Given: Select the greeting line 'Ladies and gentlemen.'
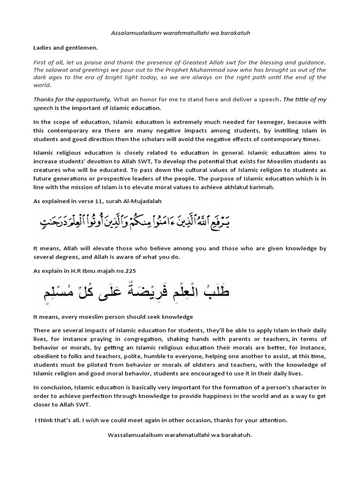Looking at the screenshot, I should click(66, 48).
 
